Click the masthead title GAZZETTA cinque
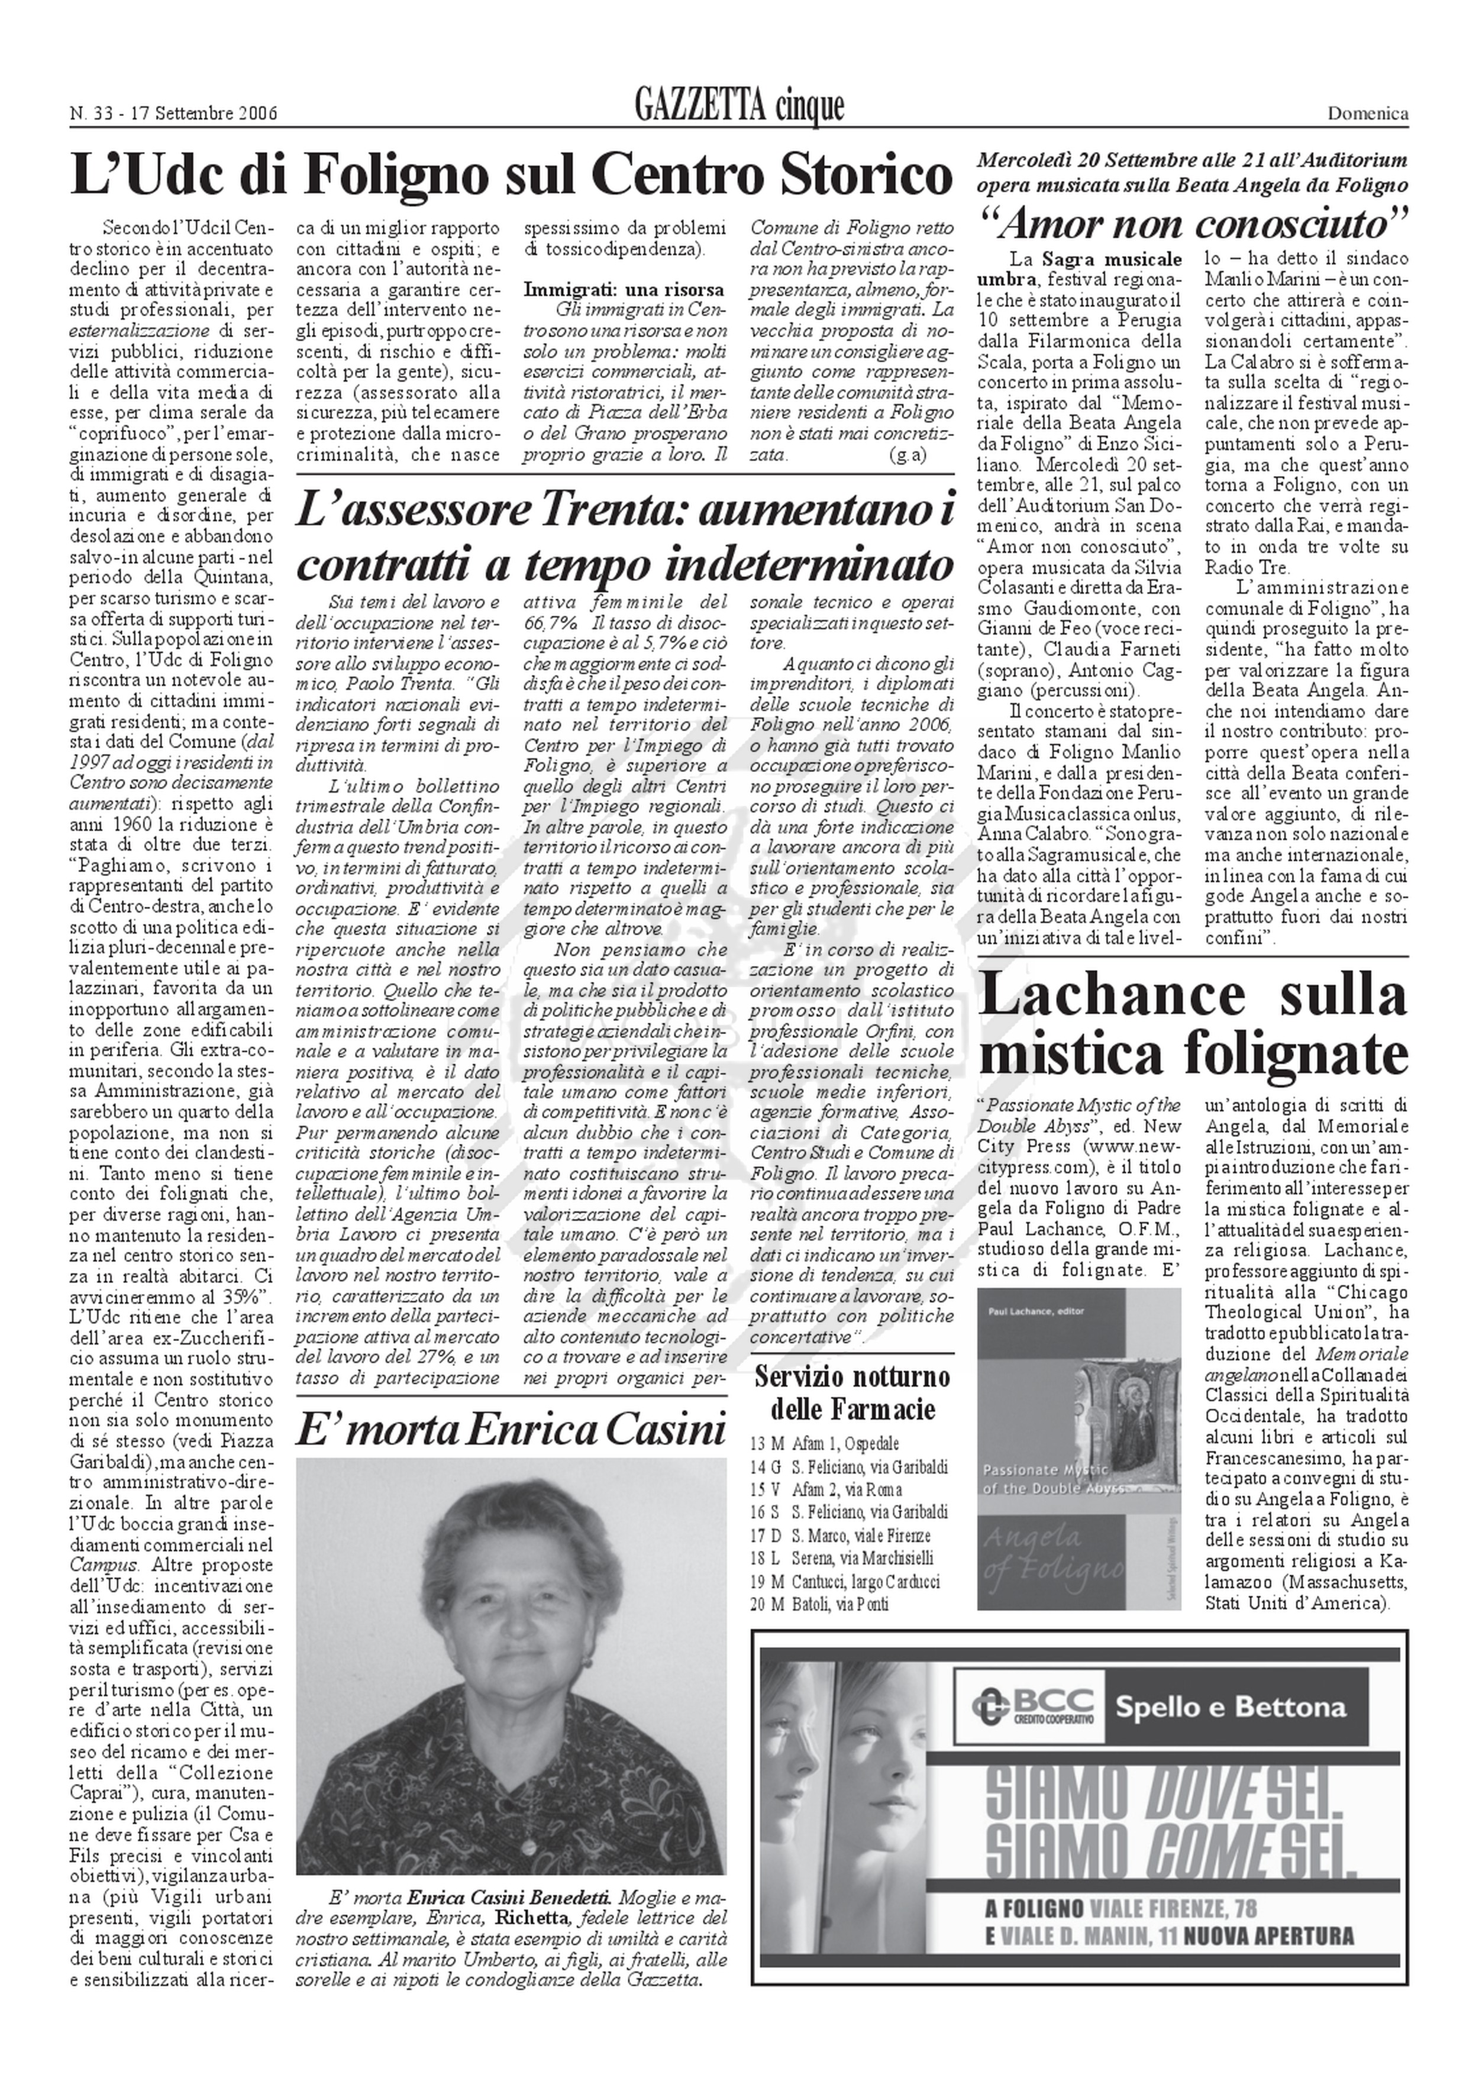tap(739, 108)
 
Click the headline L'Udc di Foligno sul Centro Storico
tap(512, 176)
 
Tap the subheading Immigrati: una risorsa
tap(624, 290)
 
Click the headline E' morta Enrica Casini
tap(510, 1430)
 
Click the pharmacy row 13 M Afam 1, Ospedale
tap(824, 1443)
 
